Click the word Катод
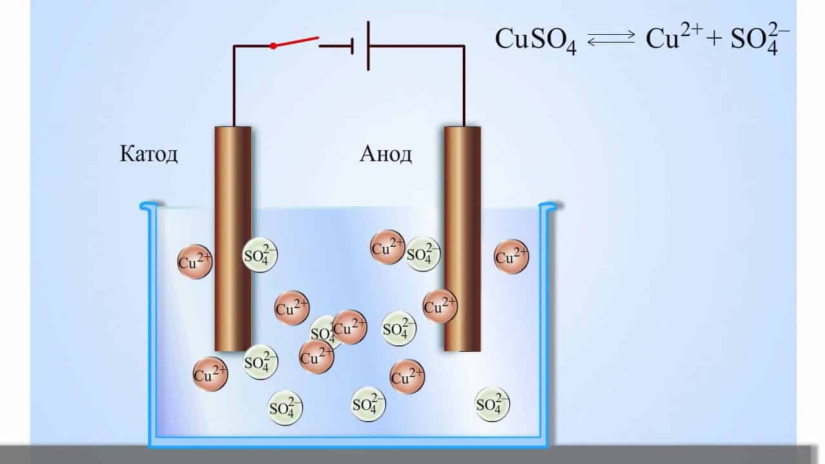point(149,155)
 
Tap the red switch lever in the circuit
point(296,42)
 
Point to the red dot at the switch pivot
point(273,46)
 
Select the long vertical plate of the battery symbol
point(368,46)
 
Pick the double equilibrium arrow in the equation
point(611,39)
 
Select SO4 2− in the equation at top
point(761,40)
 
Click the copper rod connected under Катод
point(233,238)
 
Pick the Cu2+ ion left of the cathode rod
point(195,262)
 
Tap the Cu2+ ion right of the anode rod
point(512,257)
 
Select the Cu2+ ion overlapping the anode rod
point(440,306)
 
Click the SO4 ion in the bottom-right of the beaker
point(492,404)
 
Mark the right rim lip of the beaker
point(548,207)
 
